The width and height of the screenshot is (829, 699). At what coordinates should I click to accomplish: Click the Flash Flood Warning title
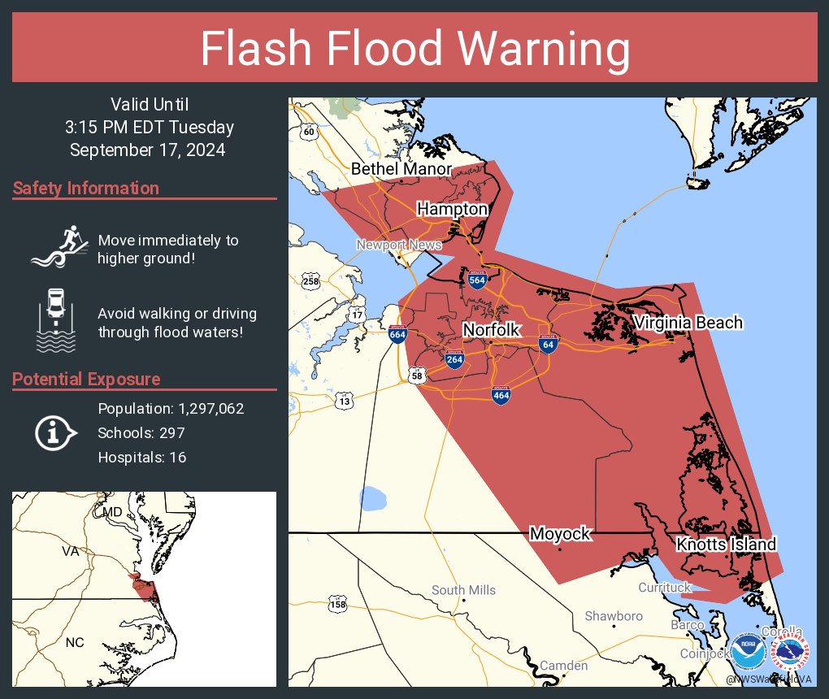tap(414, 49)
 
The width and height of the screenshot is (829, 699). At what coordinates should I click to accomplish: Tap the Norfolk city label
tap(491, 329)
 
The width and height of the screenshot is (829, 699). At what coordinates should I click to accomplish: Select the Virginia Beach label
tap(688, 323)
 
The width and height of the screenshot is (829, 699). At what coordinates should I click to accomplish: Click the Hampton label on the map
tap(452, 209)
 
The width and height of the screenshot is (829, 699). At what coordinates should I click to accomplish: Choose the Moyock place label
tap(560, 534)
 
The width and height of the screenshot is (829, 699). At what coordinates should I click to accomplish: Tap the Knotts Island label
tap(726, 544)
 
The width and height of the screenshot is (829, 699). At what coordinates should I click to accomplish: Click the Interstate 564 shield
tap(477, 280)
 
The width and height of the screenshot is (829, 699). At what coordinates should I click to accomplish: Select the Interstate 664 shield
tap(397, 334)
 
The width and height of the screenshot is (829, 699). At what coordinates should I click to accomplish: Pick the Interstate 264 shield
tap(454, 360)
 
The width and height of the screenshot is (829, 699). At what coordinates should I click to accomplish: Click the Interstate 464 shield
tap(501, 395)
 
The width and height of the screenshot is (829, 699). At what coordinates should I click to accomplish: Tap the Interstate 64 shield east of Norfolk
tap(548, 344)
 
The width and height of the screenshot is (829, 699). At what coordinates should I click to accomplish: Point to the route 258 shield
tap(310, 281)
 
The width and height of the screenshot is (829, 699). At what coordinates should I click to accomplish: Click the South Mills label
tap(463, 590)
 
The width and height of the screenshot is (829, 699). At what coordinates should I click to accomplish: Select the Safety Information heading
tap(86, 189)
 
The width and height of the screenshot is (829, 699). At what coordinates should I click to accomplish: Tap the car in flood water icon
tap(55, 319)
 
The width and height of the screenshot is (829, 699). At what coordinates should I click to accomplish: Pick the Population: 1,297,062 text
tap(171, 409)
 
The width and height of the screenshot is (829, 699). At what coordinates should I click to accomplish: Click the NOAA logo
tap(747, 651)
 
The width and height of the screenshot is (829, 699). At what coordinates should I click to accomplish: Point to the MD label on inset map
tap(112, 512)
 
